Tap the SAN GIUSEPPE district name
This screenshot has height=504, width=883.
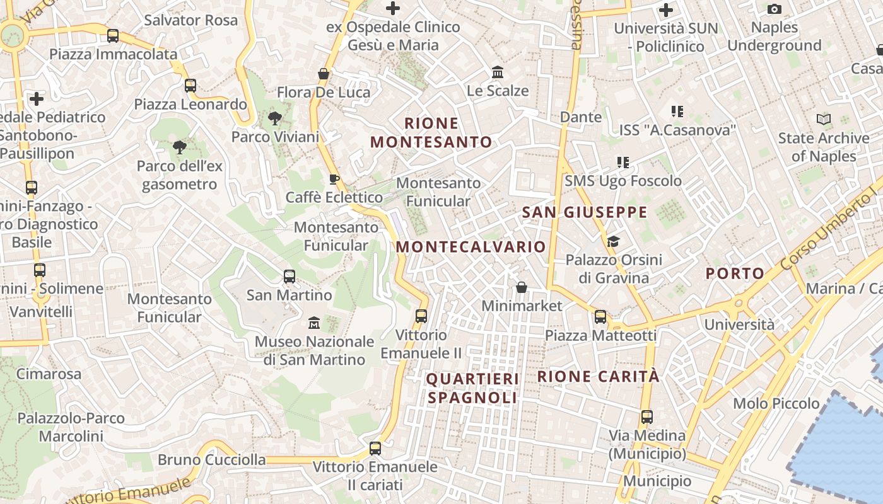[585, 212]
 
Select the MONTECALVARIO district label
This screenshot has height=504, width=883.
[471, 246]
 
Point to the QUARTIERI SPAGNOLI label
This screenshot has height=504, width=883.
[472, 388]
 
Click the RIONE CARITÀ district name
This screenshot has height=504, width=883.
[598, 377]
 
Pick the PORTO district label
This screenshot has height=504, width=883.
[735, 273]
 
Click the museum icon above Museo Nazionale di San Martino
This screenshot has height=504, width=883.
[314, 323]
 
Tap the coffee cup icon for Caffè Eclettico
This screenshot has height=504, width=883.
[334, 179]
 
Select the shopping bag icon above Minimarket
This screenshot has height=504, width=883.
[522, 287]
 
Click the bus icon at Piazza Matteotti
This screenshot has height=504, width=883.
[600, 317]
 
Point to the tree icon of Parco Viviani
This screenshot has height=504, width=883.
[274, 118]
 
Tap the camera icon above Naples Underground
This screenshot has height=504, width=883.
[775, 9]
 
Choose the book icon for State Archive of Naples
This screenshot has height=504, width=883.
[823, 119]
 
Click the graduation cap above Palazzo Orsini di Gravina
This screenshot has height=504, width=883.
[613, 241]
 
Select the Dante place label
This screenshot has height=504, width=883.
[581, 117]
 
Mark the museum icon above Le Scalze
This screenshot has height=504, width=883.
[498, 72]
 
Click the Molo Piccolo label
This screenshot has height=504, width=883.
[776, 403]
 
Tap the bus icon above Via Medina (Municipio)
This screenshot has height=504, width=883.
[646, 416]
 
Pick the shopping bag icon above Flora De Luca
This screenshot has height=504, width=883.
[324, 74]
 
